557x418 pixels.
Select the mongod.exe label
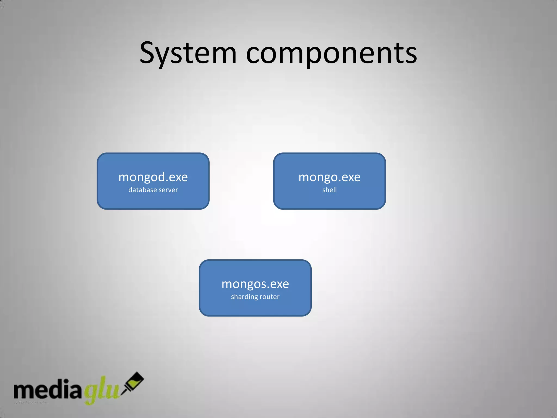tap(153, 177)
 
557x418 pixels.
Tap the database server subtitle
tap(153, 190)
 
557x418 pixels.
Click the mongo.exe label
tap(329, 177)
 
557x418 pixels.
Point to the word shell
tap(329, 190)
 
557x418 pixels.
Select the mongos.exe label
tap(255, 284)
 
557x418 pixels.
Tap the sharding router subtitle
tap(255, 297)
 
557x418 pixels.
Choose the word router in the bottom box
tap(270, 297)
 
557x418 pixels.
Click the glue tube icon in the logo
tap(133, 382)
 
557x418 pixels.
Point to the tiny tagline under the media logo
tap(31, 402)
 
